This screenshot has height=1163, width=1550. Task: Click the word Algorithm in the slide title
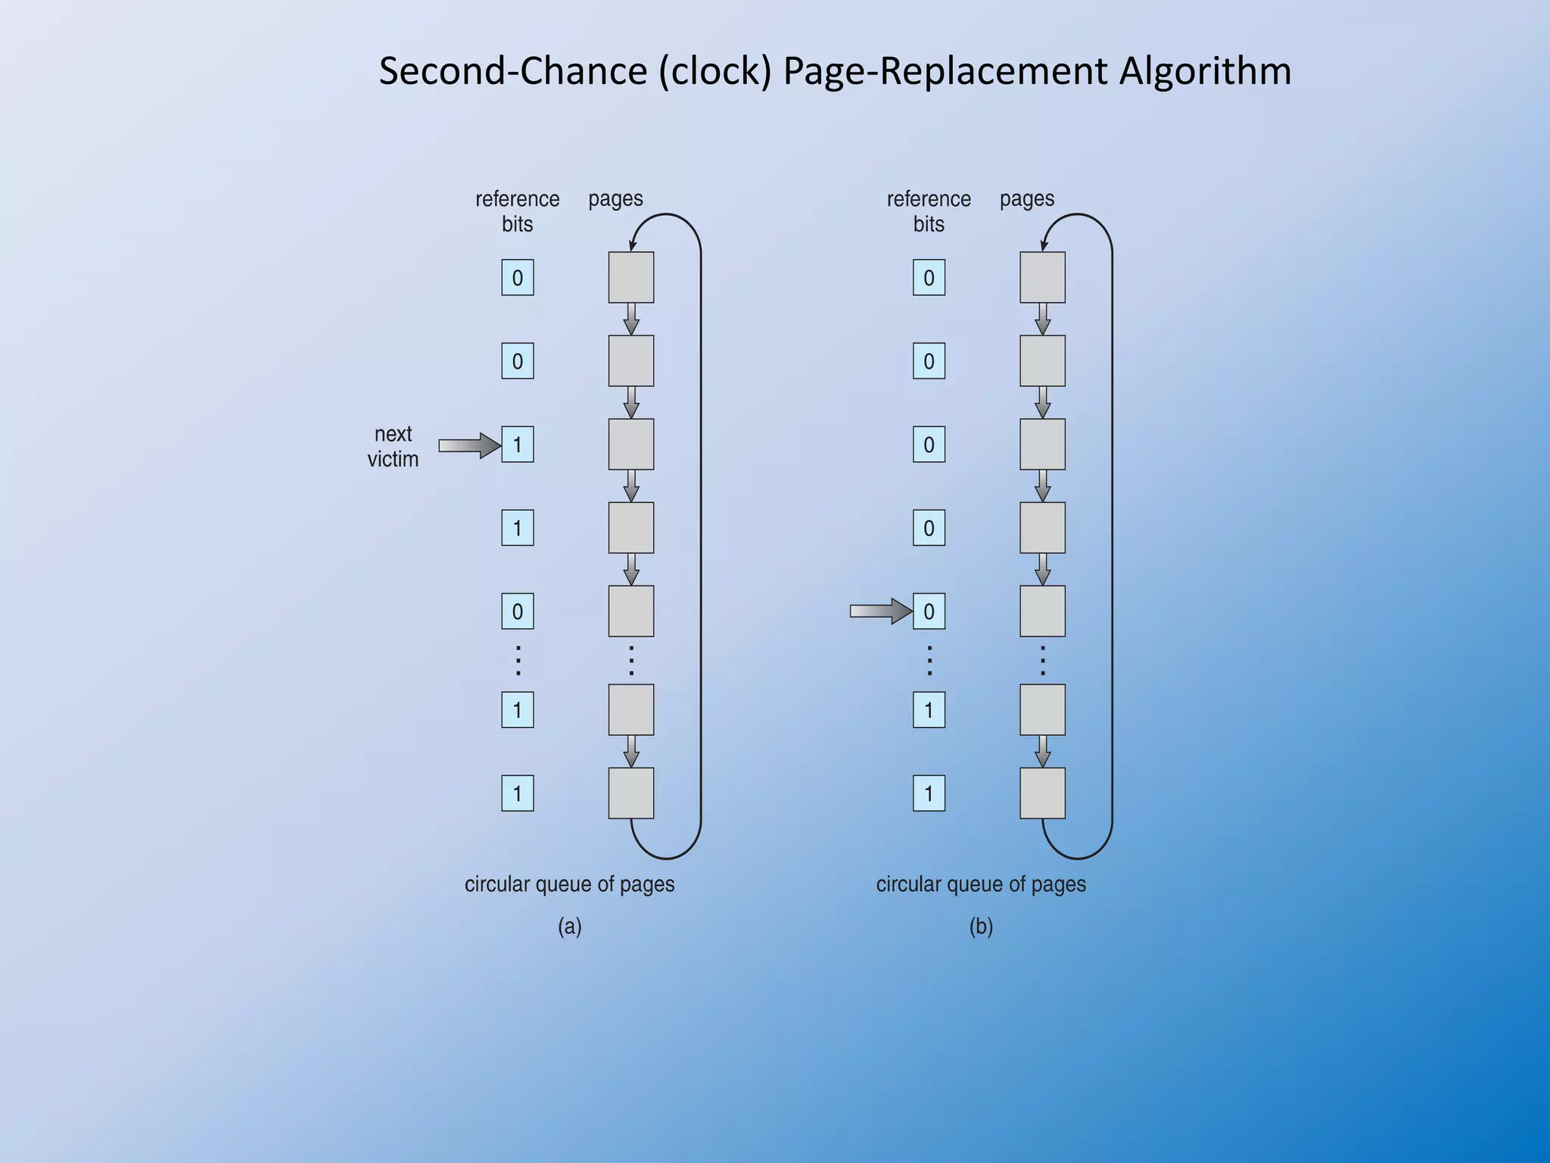1205,71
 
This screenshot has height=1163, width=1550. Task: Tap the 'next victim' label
393,446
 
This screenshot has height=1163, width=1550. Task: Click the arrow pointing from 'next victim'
469,445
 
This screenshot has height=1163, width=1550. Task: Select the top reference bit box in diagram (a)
518,278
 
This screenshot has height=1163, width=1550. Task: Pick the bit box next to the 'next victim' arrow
518,444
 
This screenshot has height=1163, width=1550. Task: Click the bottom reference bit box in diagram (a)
518,794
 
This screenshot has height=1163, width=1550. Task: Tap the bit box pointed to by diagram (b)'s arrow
929,611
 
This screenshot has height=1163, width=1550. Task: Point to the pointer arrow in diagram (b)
880,611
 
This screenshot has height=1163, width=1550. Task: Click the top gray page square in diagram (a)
631,278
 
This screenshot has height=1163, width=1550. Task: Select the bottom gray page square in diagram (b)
1042,794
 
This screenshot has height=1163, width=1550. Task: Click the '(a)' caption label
570,926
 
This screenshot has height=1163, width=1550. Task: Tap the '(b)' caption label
981,926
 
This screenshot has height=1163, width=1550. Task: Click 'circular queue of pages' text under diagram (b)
981,884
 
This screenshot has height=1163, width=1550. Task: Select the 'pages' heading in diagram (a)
615,198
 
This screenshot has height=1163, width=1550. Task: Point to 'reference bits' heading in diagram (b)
929,211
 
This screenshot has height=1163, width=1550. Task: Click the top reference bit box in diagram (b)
929,278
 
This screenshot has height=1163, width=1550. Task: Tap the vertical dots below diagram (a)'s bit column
518,660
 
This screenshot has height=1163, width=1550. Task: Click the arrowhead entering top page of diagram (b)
1044,245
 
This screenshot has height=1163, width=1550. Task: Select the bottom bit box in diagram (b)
929,794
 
